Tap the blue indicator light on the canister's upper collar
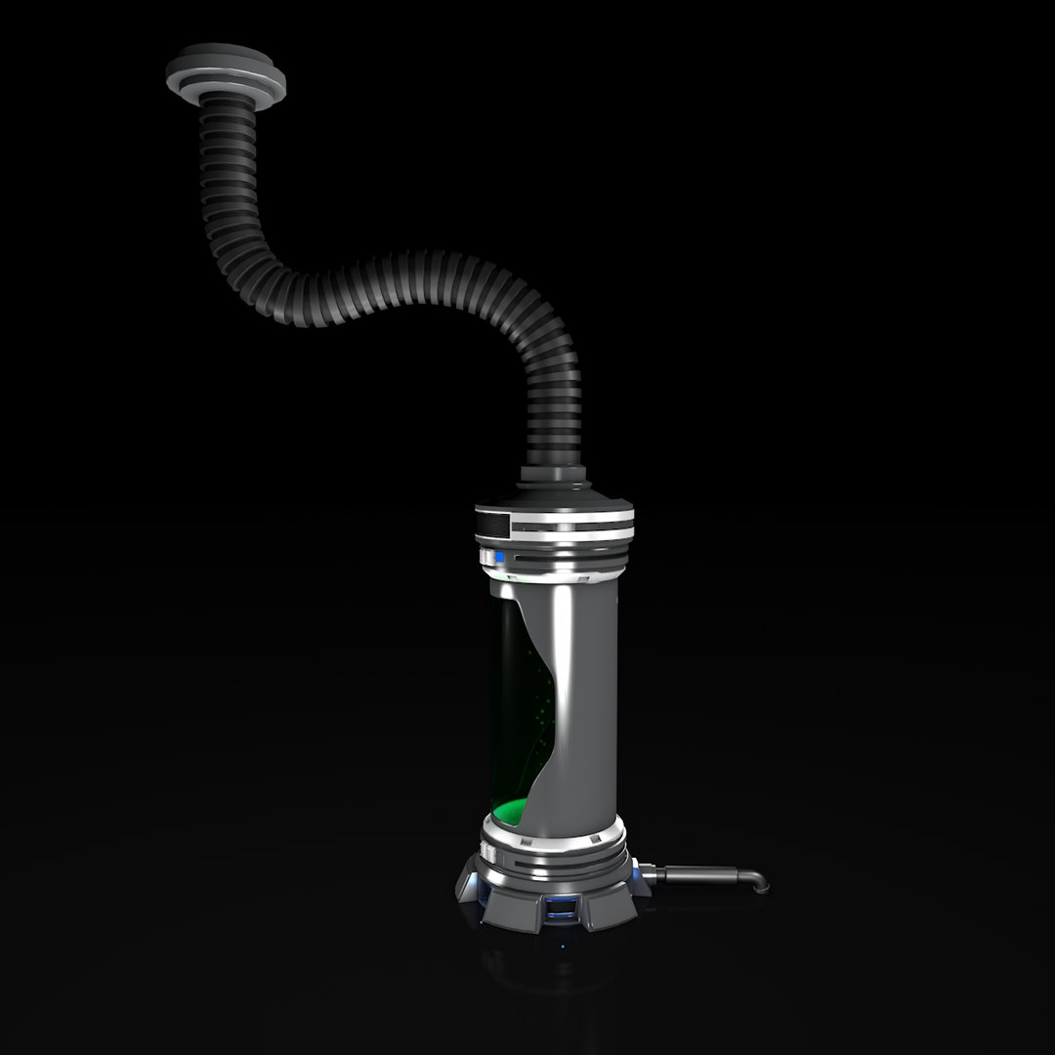click(x=499, y=558)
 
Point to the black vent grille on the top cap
click(x=494, y=527)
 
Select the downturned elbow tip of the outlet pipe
click(x=758, y=882)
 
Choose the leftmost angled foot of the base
click(x=472, y=884)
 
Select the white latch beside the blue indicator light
click(x=485, y=557)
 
